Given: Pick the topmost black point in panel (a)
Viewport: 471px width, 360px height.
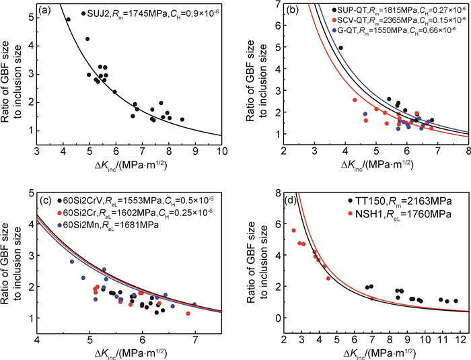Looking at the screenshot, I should point(68,20).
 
